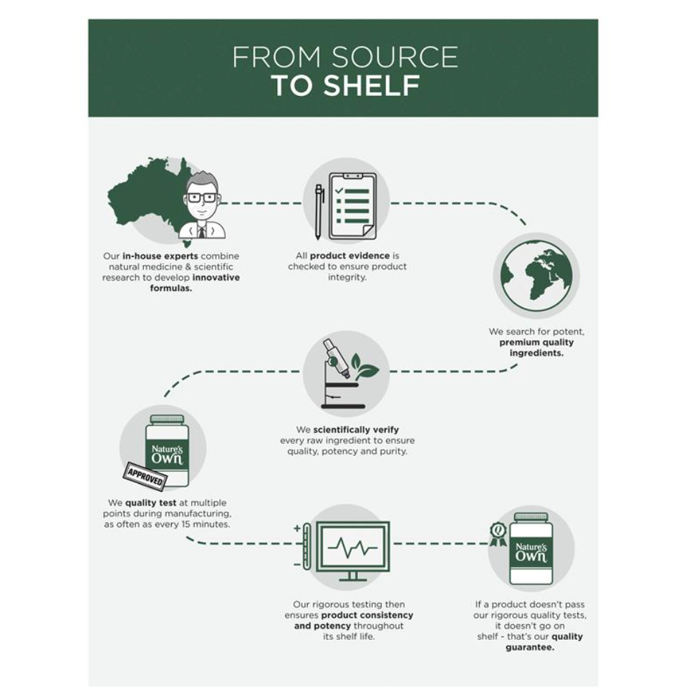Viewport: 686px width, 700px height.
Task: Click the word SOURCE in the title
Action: [395, 57]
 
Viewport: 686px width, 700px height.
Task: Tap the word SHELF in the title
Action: [371, 85]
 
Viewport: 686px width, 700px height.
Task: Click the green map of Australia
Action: [148, 196]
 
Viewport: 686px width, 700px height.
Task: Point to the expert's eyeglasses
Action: [202, 198]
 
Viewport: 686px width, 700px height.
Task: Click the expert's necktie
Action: [202, 231]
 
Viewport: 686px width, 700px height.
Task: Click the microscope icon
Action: [342, 375]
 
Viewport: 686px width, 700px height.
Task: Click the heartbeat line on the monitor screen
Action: [352, 547]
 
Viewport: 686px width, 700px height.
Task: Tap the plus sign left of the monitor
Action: [297, 528]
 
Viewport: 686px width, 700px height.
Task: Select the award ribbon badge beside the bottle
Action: [498, 534]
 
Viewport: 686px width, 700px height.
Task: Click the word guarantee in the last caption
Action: [530, 647]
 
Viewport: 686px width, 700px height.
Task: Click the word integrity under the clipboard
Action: [347, 277]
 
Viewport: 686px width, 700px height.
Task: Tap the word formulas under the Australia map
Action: [171, 288]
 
